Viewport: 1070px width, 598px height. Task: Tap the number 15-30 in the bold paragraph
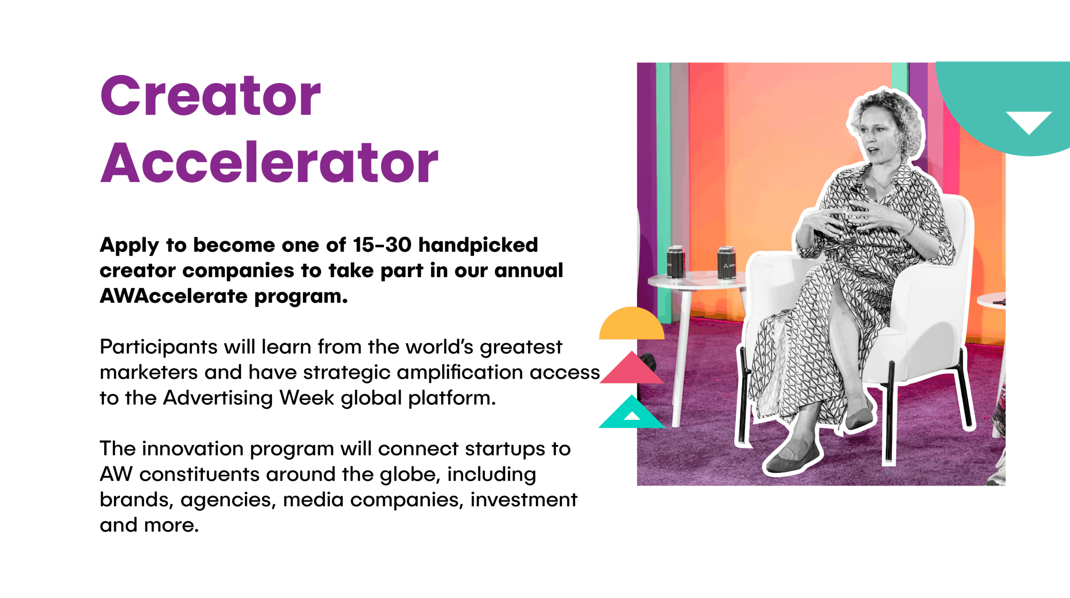pos(382,245)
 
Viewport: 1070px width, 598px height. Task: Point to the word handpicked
pos(478,245)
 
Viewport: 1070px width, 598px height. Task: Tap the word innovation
pos(192,449)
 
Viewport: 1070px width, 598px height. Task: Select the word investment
pos(524,500)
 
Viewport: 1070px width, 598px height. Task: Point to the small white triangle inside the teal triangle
pos(632,416)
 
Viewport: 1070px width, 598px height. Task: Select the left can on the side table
pos(675,262)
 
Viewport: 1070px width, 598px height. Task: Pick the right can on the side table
pos(726,263)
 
